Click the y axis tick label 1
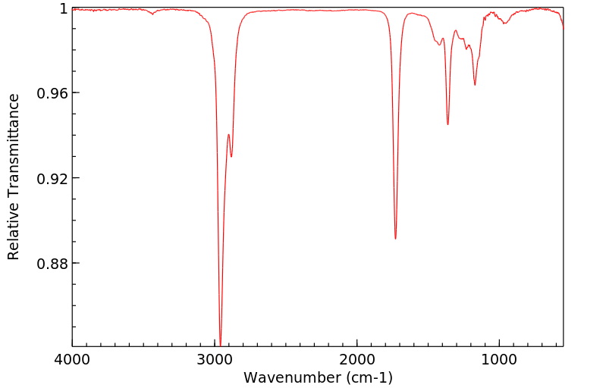tap(64, 8)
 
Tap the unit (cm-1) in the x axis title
tap(367, 377)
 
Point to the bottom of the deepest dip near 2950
tap(220, 345)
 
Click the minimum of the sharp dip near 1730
tap(395, 239)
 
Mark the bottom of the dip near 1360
tap(447, 124)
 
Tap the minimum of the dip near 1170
tap(475, 85)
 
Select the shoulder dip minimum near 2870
tap(231, 157)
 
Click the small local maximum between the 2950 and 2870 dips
tap(228, 135)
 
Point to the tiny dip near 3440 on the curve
tap(152, 14)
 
